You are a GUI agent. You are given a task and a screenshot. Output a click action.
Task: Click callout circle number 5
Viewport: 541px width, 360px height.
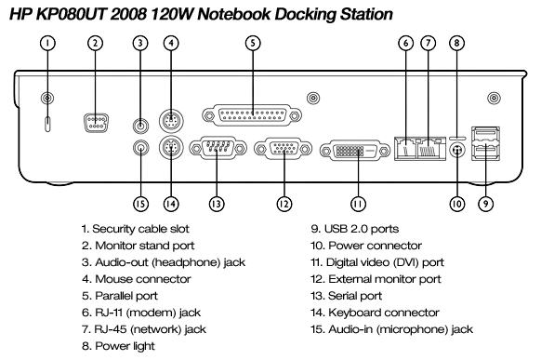pos(253,43)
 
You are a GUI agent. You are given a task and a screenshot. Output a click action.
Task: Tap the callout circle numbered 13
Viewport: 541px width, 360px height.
pos(217,204)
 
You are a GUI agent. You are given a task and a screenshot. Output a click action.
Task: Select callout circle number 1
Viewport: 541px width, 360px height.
pos(47,43)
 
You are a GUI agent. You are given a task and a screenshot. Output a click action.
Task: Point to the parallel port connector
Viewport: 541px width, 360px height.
pos(252,115)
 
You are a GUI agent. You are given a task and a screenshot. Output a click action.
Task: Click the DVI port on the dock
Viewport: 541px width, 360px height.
pos(355,151)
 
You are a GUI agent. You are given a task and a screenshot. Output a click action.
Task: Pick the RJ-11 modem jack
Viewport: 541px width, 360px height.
pos(405,148)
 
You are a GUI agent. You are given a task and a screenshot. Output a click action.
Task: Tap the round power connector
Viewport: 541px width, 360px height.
pos(457,151)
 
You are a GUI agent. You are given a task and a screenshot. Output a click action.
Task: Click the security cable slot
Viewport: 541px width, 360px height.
pos(47,124)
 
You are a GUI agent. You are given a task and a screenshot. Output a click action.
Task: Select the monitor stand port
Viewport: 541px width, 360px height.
pos(97,123)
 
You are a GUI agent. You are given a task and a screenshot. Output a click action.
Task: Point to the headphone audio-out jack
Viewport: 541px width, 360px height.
pos(140,125)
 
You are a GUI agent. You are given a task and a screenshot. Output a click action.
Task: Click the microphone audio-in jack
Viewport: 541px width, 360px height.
pos(140,149)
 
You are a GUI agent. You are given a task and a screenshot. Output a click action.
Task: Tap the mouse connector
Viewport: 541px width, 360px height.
pos(171,120)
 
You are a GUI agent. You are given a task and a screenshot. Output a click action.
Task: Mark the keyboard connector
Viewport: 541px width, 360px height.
pos(171,148)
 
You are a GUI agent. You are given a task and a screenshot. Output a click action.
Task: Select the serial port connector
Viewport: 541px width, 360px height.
pos(218,149)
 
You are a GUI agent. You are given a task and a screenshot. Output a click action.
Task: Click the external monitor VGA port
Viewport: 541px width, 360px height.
pos(283,149)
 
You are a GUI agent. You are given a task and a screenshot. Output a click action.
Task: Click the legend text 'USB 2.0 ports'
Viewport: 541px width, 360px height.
pos(361,229)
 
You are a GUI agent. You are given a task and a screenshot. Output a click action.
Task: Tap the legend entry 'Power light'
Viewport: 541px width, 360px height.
pos(125,346)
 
